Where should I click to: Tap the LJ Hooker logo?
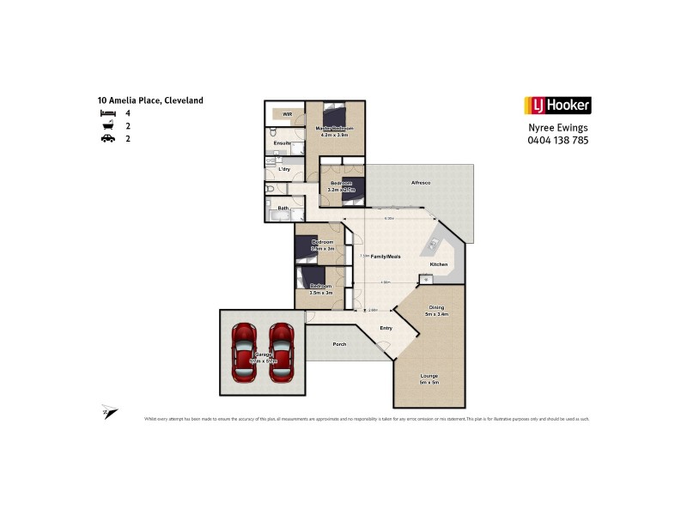557,106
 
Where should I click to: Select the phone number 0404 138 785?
557,140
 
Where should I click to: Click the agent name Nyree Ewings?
557,128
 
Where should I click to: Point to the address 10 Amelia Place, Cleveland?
150,100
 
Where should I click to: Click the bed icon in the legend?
107,113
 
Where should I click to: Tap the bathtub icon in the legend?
107,125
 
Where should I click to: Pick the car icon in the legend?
107,138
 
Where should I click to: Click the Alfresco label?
420,183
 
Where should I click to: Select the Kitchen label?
439,264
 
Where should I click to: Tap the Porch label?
339,345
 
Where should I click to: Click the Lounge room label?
429,375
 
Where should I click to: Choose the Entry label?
386,328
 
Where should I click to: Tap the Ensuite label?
283,142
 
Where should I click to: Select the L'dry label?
283,169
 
